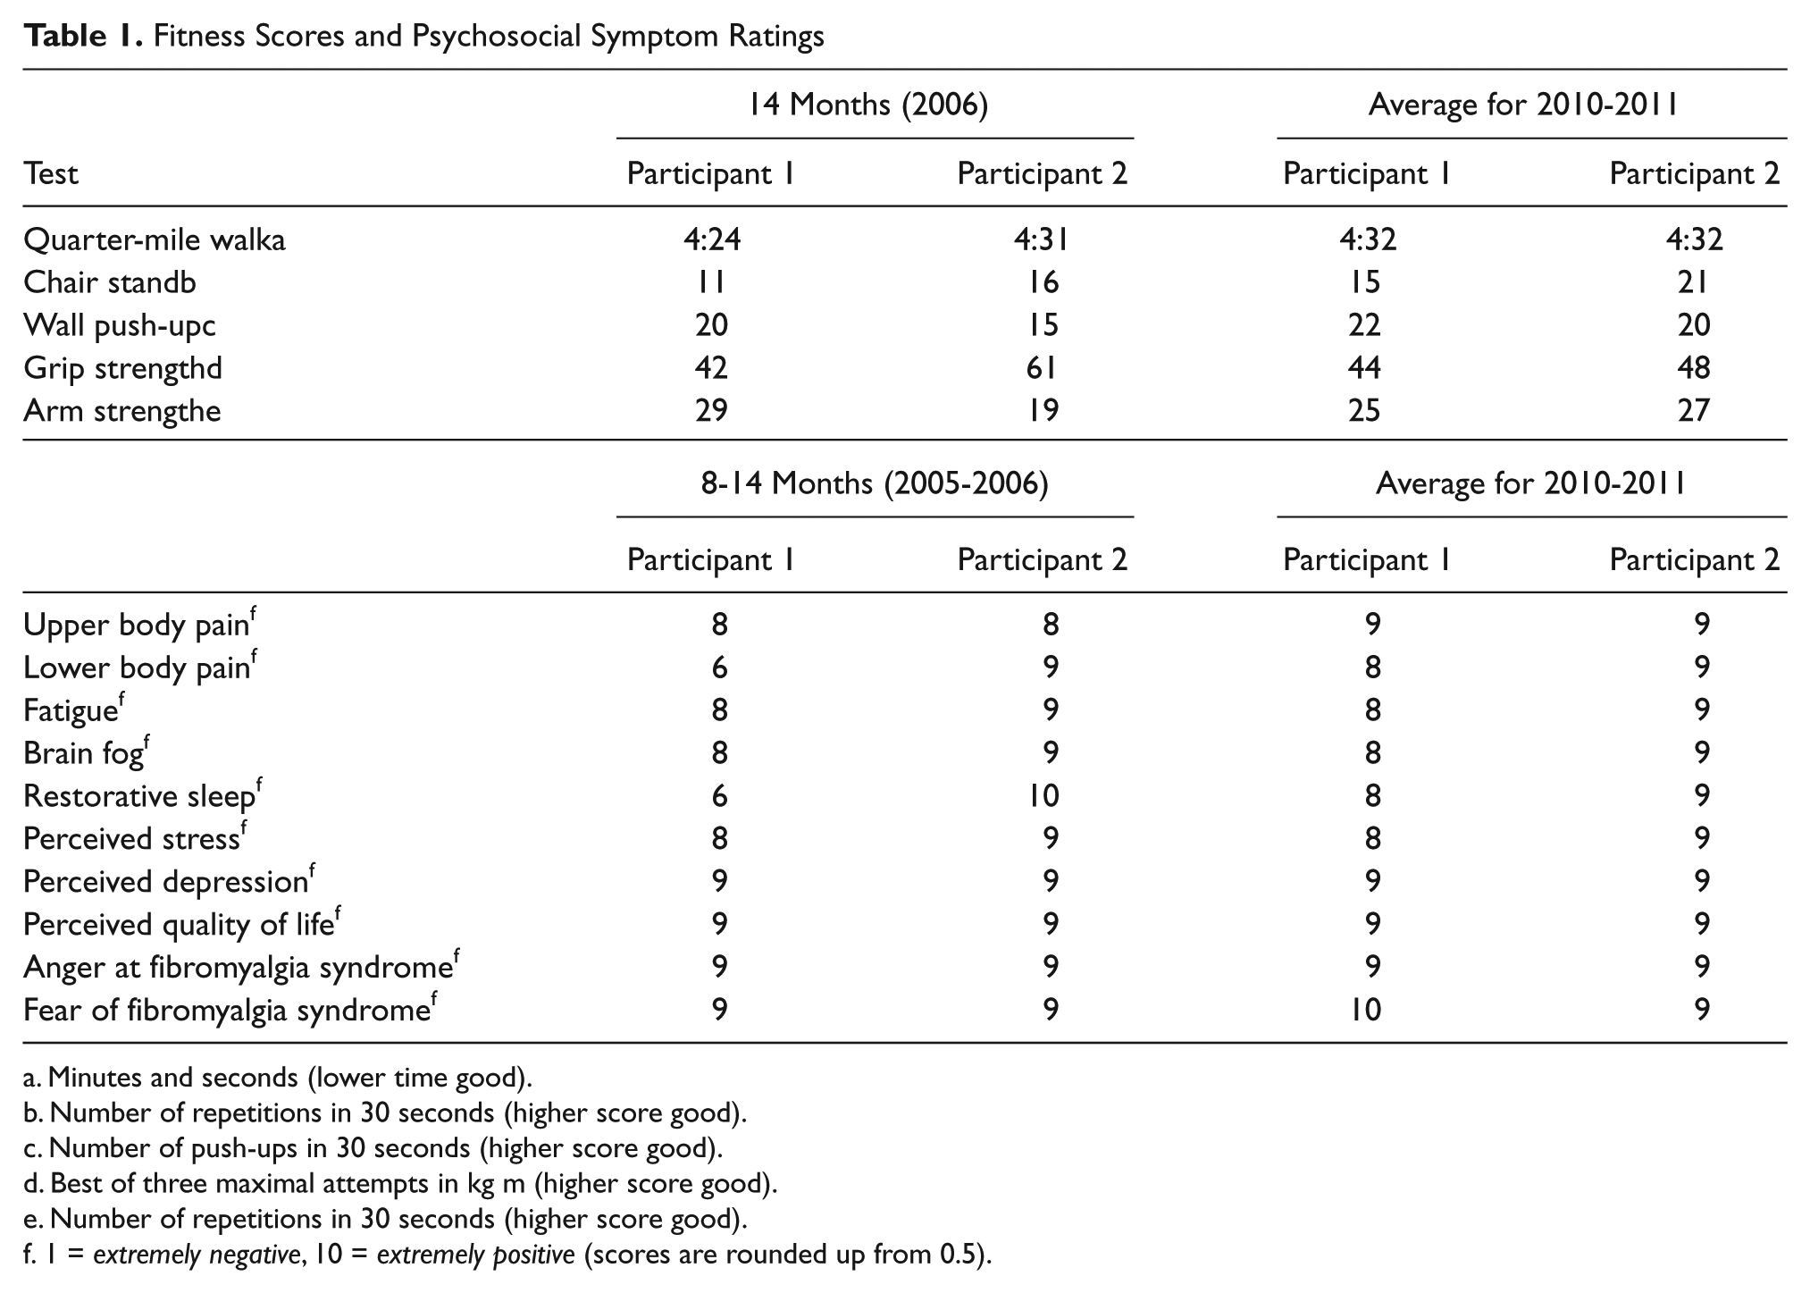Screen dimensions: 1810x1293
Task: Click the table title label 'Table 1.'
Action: click(x=83, y=36)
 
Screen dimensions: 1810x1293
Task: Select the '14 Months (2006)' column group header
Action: click(x=868, y=105)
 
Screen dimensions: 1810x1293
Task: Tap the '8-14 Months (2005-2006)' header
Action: click(x=875, y=483)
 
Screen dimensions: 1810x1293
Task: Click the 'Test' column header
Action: click(x=51, y=173)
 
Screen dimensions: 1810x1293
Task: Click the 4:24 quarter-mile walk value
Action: click(x=712, y=239)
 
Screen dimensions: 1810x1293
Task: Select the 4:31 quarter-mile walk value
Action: click(x=1041, y=239)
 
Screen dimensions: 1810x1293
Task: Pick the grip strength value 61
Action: click(x=1041, y=368)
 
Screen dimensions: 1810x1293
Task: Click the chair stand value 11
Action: click(x=712, y=282)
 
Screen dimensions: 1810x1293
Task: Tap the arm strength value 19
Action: click(x=1042, y=411)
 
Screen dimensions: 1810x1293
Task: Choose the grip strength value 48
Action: click(x=1694, y=368)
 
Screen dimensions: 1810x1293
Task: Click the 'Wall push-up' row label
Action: click(x=120, y=325)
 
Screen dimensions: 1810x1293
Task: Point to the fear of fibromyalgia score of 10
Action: click(x=1366, y=1011)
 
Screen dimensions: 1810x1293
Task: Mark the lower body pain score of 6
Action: click(x=719, y=667)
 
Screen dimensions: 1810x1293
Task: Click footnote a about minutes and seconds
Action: click(x=278, y=1078)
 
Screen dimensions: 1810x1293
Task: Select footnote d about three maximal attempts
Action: click(x=400, y=1184)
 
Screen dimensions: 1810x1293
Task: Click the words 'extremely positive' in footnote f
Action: click(x=475, y=1255)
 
